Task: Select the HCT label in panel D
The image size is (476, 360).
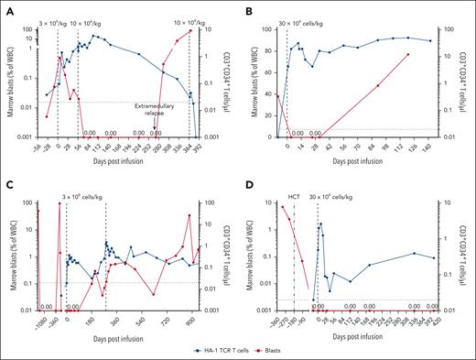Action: tap(294, 197)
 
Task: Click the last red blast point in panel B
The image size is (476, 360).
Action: tap(408, 55)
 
